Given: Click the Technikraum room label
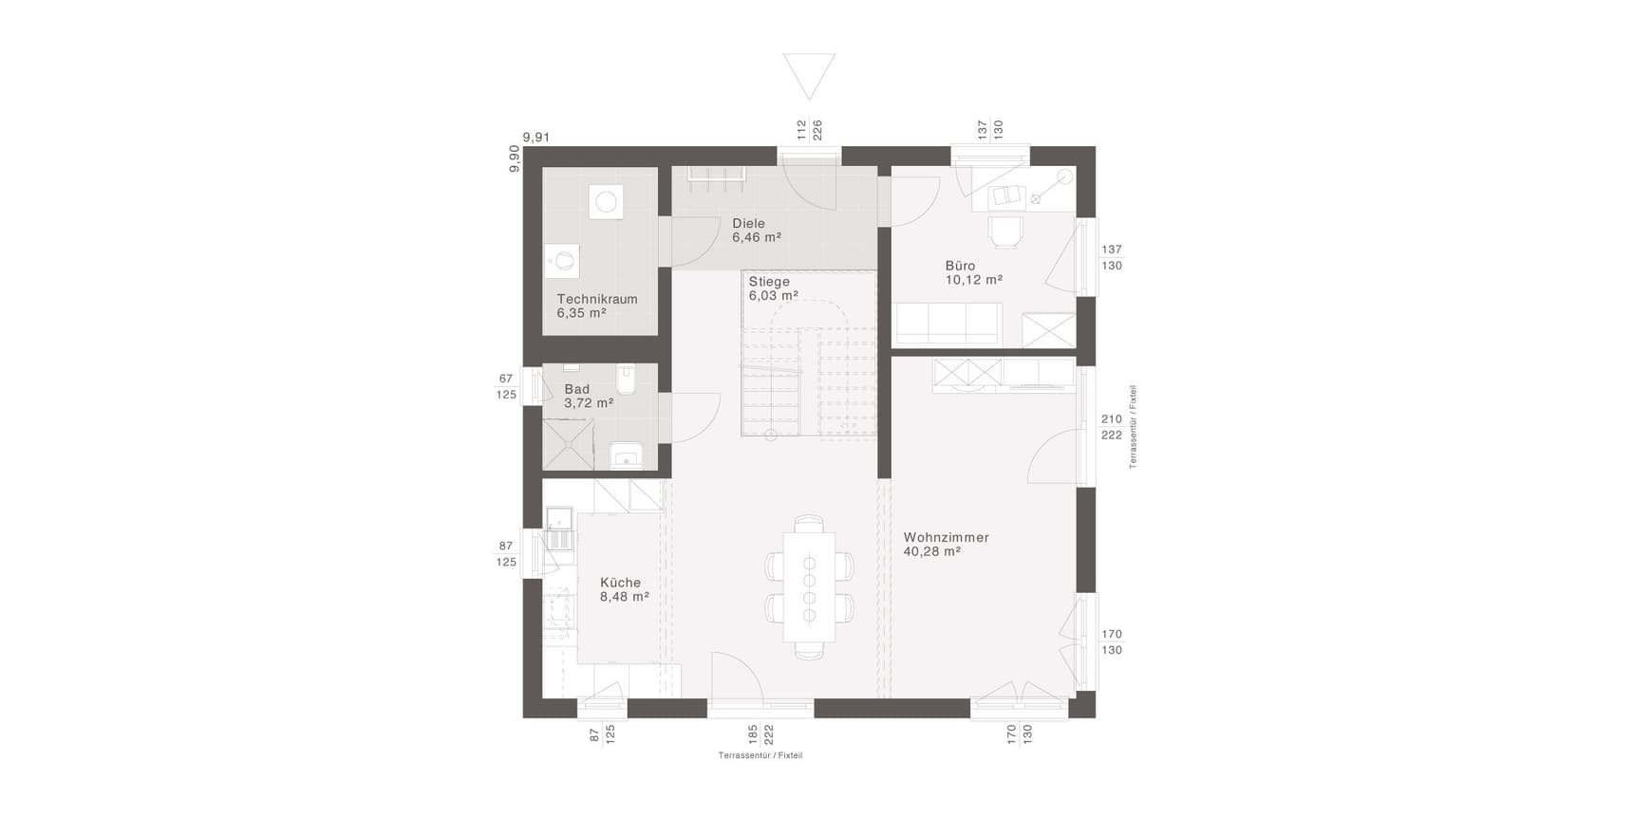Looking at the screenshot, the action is click(597, 306).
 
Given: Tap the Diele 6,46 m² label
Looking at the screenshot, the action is click(757, 231).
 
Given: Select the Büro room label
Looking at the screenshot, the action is click(974, 273).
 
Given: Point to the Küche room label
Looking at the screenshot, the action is click(625, 589).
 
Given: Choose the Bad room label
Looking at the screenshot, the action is click(589, 396).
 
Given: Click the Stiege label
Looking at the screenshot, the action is click(769, 282).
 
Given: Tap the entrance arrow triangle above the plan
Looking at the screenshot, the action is click(809, 76).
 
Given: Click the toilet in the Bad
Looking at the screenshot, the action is click(626, 379).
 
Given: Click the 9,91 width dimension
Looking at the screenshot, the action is click(536, 138).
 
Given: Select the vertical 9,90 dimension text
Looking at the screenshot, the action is click(515, 158).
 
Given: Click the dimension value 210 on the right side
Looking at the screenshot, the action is click(1112, 419).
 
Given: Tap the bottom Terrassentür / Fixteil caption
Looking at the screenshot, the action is click(760, 755).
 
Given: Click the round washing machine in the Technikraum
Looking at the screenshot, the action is click(607, 202).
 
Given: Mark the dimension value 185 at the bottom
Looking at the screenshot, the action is click(753, 733).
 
